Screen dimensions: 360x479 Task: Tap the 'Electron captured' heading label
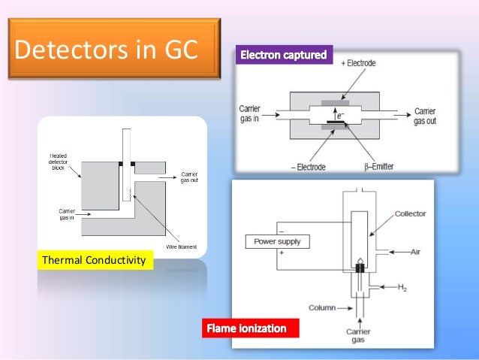point(282,56)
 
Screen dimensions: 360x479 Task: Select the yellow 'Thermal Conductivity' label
point(97,261)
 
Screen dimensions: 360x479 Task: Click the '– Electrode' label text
point(308,166)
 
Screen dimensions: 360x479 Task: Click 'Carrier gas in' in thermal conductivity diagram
point(65,213)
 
